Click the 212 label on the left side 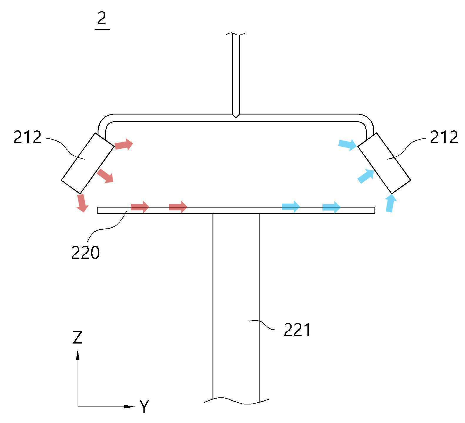tap(27, 137)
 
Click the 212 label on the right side tap(444, 137)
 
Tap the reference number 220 tap(85, 252)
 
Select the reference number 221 tap(297, 330)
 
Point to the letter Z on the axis tap(77, 337)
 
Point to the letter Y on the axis tap(144, 406)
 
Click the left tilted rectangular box tap(88, 163)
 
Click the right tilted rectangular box tap(384, 163)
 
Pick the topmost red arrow tap(124, 144)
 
